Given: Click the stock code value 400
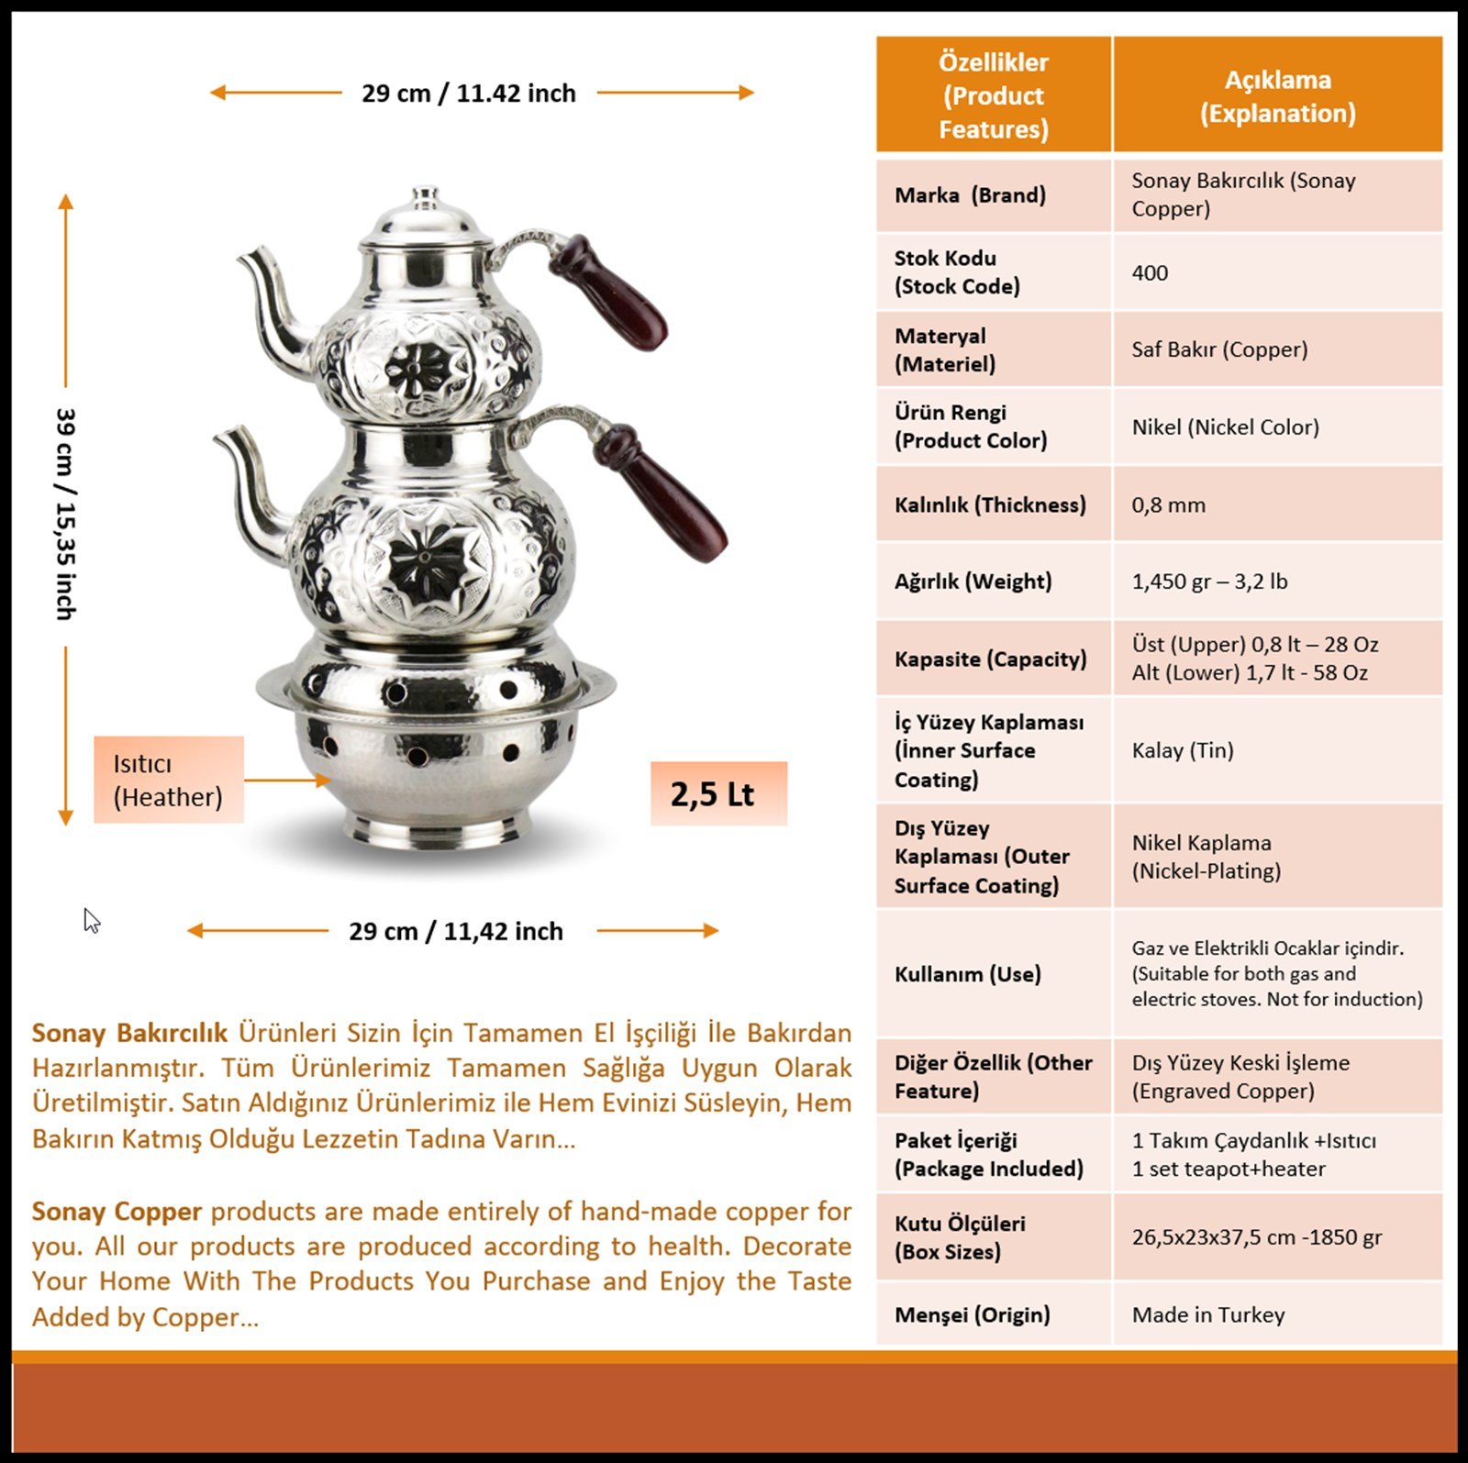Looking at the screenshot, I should pyautogui.click(x=1150, y=272).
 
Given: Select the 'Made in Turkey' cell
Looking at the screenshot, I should pyautogui.click(x=1207, y=1314).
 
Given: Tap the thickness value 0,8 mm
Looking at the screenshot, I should pyautogui.click(x=1168, y=504).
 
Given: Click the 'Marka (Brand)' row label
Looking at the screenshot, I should pyautogui.click(x=970, y=194).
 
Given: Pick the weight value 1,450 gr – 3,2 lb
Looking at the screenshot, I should pyautogui.click(x=1209, y=582).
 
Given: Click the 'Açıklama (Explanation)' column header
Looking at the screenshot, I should pyautogui.click(x=1277, y=95).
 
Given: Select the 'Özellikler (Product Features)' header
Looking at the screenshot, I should pyautogui.click(x=993, y=95).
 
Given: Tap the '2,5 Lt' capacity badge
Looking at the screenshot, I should pyautogui.click(x=712, y=794).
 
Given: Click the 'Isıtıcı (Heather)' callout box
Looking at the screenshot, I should pyautogui.click(x=168, y=780).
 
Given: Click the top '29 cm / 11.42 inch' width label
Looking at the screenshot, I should pyautogui.click(x=468, y=93).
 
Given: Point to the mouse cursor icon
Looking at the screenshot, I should pyautogui.click(x=91, y=920).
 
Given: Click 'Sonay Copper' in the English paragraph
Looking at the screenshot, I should pyautogui.click(x=117, y=1212).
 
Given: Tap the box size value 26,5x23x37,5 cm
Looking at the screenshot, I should pyautogui.click(x=1256, y=1237).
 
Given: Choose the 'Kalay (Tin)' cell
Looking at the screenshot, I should pyautogui.click(x=1182, y=750).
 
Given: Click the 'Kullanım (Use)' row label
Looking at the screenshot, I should pyautogui.click(x=967, y=974).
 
